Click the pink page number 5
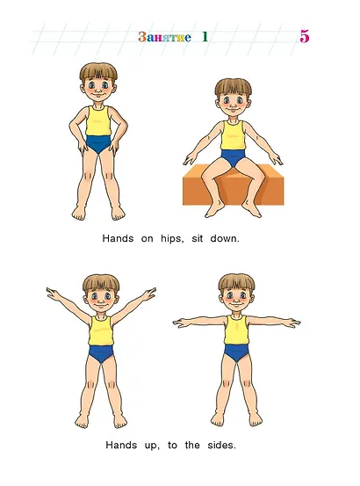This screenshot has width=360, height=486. [x=305, y=37]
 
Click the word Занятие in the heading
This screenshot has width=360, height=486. [x=164, y=37]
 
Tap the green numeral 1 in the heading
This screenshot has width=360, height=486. [x=205, y=37]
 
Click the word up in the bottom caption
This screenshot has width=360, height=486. [x=152, y=446]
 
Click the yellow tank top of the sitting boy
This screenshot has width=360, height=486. [x=233, y=135]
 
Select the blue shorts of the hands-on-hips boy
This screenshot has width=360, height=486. [x=98, y=143]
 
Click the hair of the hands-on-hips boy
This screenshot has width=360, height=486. [x=98, y=72]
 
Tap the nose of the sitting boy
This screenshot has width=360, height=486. [x=233, y=103]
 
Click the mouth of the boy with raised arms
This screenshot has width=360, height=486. [x=101, y=306]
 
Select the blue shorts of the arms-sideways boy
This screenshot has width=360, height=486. [x=236, y=352]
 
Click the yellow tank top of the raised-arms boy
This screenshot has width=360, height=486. [x=101, y=331]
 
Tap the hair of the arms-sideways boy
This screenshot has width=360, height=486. [x=236, y=283]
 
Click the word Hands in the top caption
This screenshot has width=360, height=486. [x=118, y=239]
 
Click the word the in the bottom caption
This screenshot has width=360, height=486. [x=192, y=446]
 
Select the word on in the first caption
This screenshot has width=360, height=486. [x=147, y=239]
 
